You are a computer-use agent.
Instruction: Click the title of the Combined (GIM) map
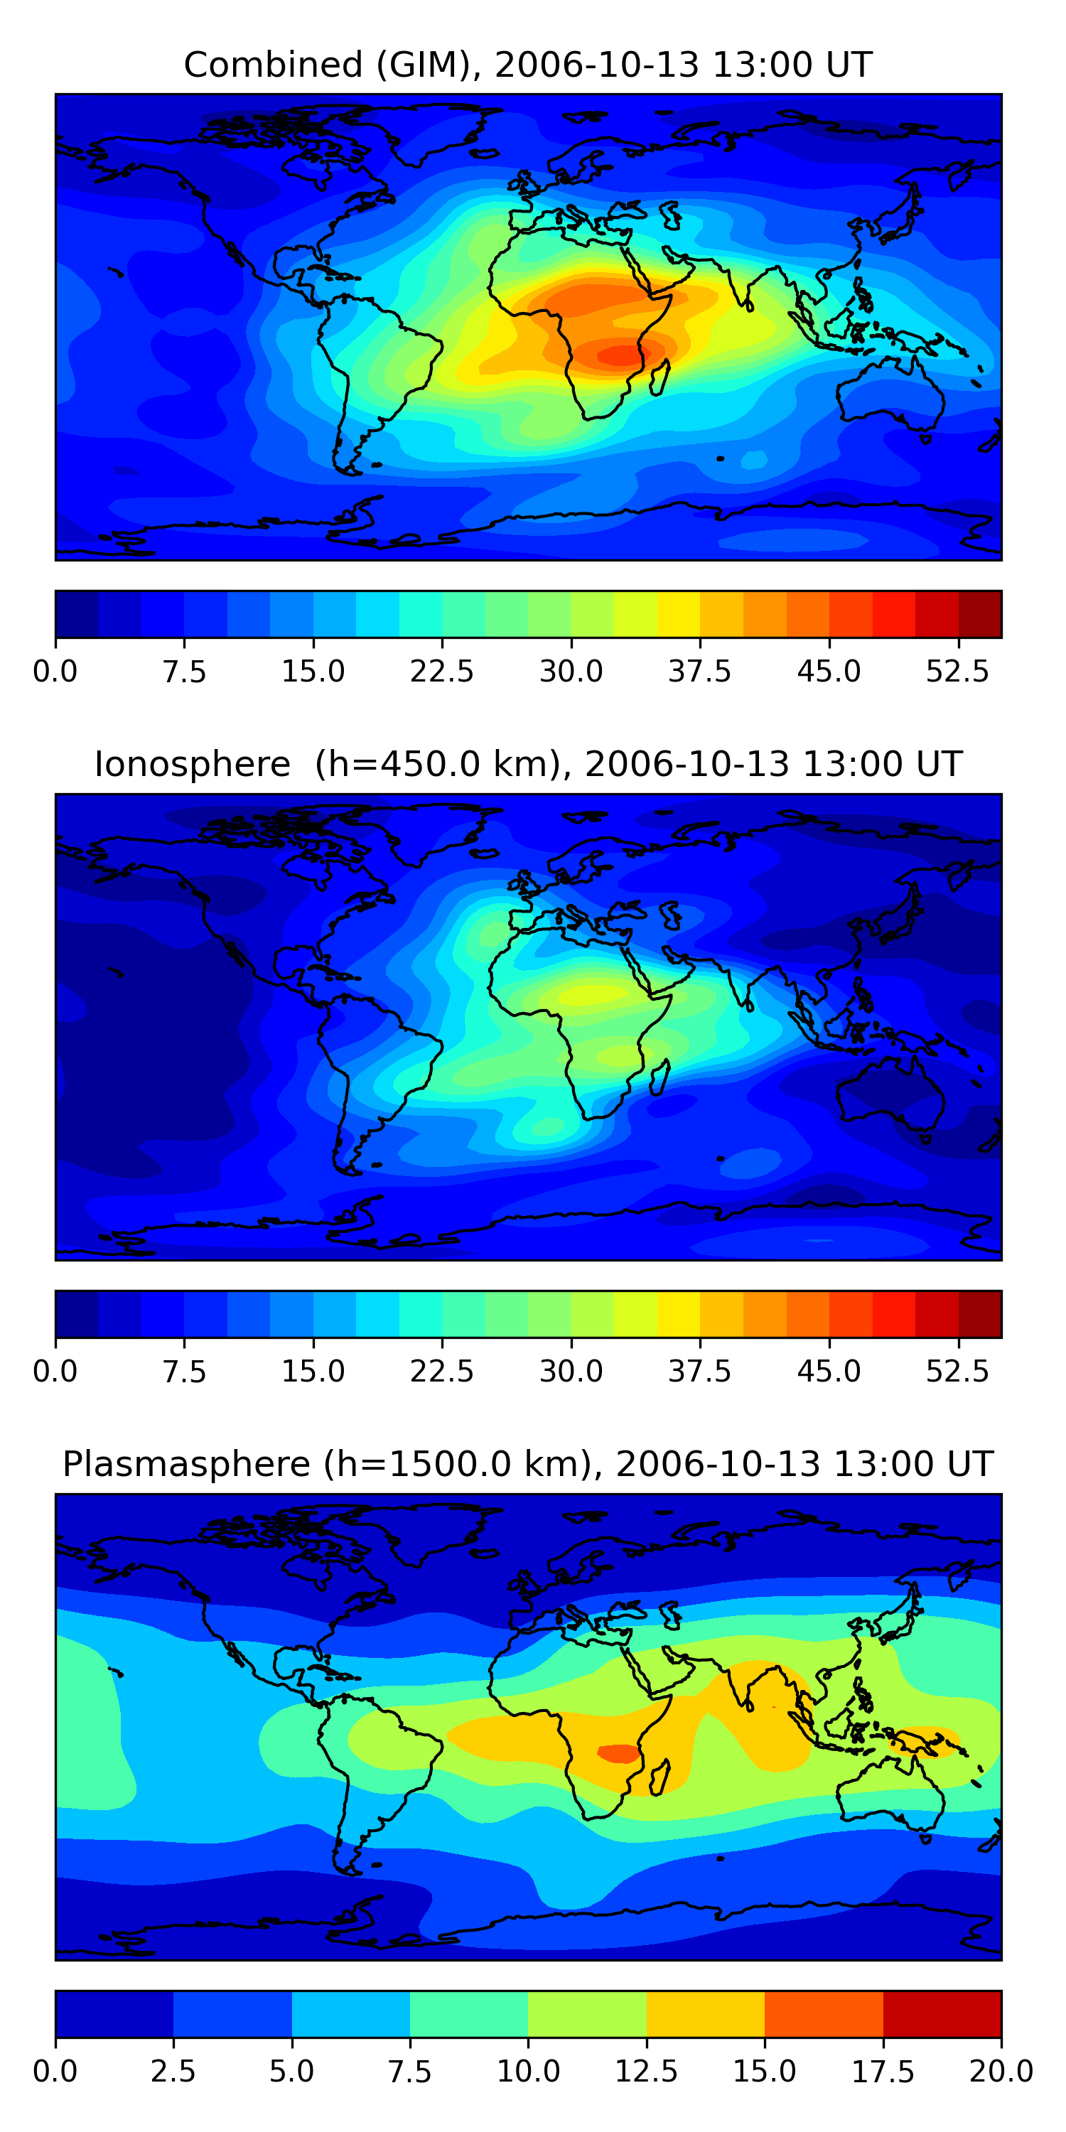click(528, 65)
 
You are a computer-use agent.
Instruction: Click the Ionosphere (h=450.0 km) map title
click(528, 764)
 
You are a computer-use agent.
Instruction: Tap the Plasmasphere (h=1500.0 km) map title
click(528, 1464)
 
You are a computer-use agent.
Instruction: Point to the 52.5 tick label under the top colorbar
click(957, 671)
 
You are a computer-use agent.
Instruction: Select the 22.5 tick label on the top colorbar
click(442, 671)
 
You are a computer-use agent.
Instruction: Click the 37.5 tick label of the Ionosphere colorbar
click(700, 1372)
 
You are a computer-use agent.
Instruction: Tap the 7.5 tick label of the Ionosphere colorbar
click(184, 1372)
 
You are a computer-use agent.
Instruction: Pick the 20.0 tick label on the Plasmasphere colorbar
click(1001, 2072)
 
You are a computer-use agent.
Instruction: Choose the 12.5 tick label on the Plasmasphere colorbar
click(647, 2072)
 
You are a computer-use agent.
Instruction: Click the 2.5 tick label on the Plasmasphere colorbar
click(173, 2072)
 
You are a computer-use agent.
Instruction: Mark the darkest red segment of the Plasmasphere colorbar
click(942, 2013)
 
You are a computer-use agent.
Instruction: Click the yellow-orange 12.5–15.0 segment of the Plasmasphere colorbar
click(705, 2013)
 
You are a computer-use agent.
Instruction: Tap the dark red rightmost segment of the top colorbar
click(980, 614)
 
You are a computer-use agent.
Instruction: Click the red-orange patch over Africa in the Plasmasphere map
click(618, 1753)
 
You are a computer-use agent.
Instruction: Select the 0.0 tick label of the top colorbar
click(55, 671)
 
